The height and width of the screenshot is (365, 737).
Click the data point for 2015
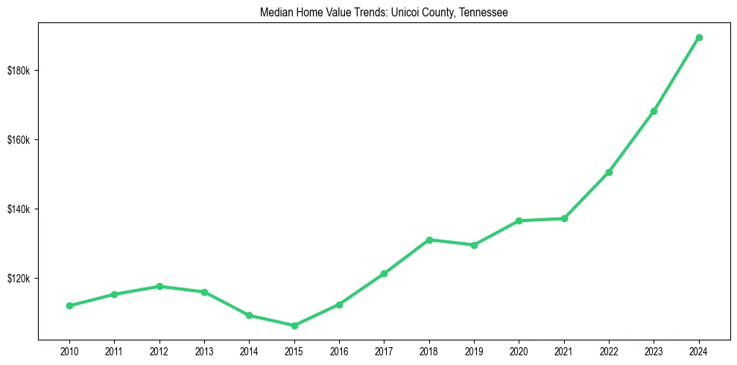(x=294, y=326)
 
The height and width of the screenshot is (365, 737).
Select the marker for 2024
(x=699, y=37)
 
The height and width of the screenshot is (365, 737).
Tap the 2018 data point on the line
(x=429, y=240)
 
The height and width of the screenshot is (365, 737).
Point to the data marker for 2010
(x=69, y=305)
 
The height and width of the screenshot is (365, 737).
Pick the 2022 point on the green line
(x=609, y=172)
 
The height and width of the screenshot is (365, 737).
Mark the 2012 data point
(x=159, y=286)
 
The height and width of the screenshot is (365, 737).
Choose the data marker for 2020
(x=519, y=220)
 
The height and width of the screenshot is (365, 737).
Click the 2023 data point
(x=654, y=111)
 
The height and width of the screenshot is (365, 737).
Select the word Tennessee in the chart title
(x=484, y=13)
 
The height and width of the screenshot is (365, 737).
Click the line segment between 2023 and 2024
(x=677, y=74)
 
